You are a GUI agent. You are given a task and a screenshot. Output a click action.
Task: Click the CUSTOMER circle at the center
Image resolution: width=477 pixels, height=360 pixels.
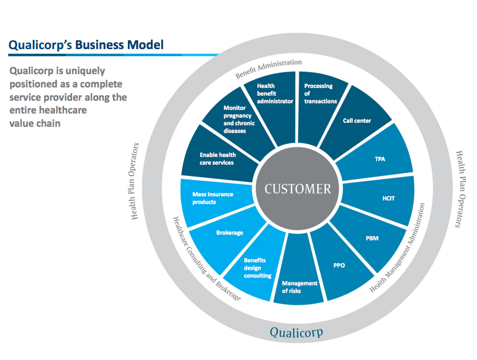[297, 189]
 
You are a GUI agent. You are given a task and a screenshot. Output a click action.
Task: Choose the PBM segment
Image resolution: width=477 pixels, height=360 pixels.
[373, 238]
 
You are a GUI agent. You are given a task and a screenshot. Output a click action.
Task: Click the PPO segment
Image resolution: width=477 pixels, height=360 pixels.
[339, 266]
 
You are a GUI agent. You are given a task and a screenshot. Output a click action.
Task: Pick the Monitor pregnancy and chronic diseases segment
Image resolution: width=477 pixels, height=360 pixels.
[239, 119]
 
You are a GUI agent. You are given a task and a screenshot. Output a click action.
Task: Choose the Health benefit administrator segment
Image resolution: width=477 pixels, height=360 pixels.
[275, 95]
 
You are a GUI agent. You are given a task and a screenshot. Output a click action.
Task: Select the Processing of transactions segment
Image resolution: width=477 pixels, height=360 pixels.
[320, 94]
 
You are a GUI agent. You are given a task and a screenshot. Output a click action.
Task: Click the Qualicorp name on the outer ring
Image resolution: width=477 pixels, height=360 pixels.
[296, 333]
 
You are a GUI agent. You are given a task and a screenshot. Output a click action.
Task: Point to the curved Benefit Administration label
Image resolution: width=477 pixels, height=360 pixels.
[269, 69]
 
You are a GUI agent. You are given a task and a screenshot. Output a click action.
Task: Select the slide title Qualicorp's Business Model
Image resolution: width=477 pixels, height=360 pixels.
[86, 44]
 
